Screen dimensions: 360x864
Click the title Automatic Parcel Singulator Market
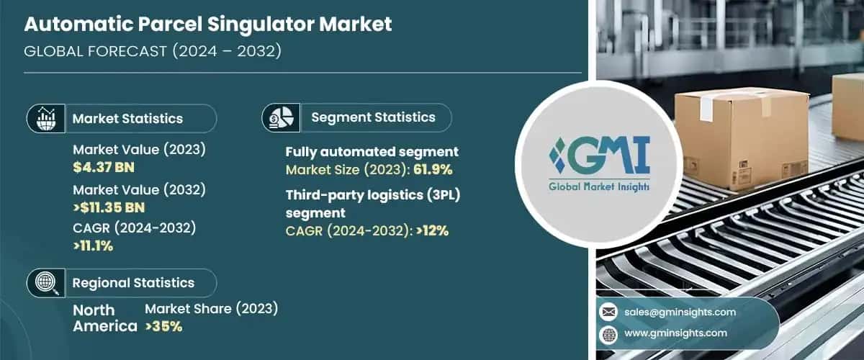208,24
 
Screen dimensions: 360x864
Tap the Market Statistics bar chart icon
47,118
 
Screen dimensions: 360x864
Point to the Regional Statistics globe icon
47,282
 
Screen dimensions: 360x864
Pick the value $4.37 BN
104,167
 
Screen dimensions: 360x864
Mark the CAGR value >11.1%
93,246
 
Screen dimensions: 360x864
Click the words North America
104,318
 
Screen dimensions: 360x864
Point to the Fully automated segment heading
372,152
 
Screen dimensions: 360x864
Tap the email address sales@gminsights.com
680,312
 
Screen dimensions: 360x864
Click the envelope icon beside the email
609,312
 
